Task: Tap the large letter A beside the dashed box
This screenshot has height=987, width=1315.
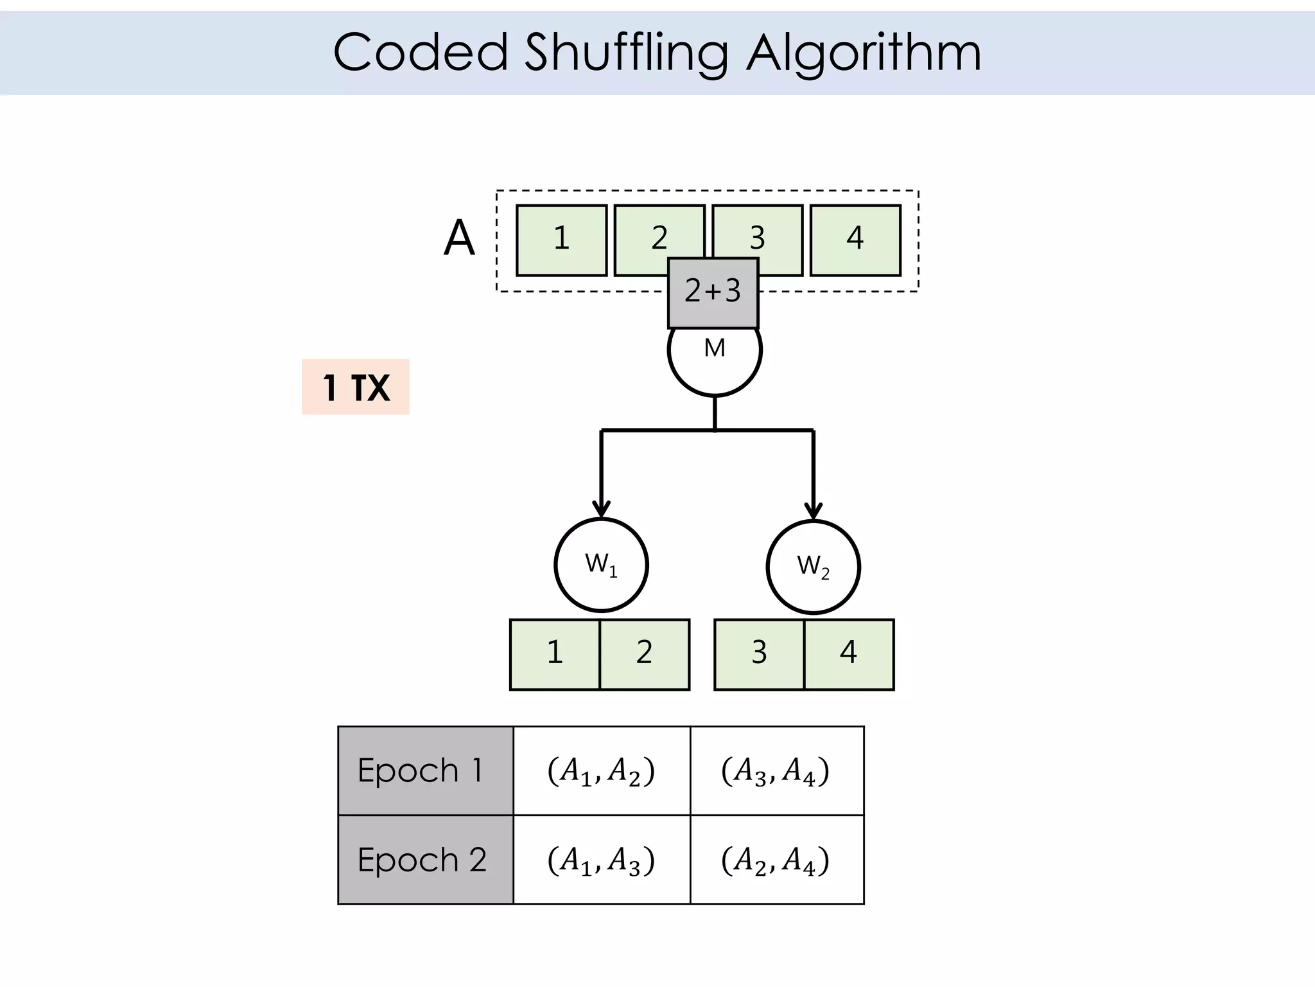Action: [459, 238]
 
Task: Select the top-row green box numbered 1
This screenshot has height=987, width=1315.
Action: [561, 240]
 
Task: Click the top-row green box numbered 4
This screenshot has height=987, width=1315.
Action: [855, 240]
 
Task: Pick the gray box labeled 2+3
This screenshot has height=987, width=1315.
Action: [713, 293]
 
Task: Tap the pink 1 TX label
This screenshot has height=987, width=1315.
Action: [356, 387]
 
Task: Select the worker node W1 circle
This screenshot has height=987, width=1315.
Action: [601, 565]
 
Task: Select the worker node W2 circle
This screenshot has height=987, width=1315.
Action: [813, 567]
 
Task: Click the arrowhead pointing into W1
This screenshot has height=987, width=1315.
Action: [601, 510]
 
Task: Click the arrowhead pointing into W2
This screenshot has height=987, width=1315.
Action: [814, 511]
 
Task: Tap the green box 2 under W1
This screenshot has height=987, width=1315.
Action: [645, 654]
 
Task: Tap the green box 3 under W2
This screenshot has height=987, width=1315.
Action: [759, 654]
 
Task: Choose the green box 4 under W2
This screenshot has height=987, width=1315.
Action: [849, 654]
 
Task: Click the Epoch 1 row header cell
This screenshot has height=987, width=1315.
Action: [426, 770]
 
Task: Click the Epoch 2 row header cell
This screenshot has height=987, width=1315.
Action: [426, 860]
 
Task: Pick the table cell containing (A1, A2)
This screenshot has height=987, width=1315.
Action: [602, 770]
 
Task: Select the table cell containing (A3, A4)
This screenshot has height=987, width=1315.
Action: [776, 770]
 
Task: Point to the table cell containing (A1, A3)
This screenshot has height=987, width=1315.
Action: [602, 860]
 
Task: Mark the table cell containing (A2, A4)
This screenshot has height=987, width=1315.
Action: [776, 860]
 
